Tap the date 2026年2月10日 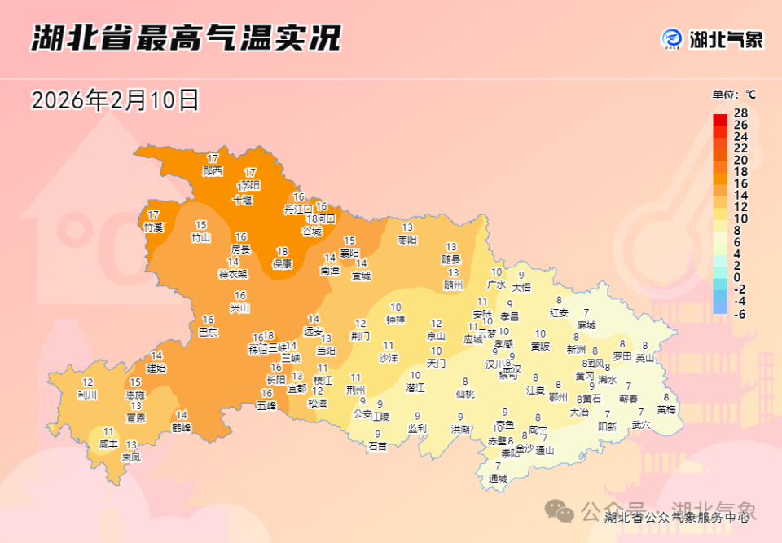(x=115, y=100)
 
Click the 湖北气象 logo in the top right (x=712, y=38)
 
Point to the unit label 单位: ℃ (x=734, y=95)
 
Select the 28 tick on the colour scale (x=740, y=113)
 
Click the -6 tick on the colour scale (x=740, y=314)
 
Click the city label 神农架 (x=233, y=274)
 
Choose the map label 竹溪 (x=153, y=227)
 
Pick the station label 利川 (x=87, y=395)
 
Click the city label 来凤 (x=130, y=457)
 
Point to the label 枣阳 (x=407, y=240)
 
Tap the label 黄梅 (x=666, y=409)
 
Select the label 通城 (x=498, y=479)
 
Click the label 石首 (x=377, y=446)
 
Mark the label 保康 (x=282, y=263)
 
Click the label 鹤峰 (x=182, y=427)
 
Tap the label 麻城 (x=586, y=324)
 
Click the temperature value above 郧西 (x=213, y=158)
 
